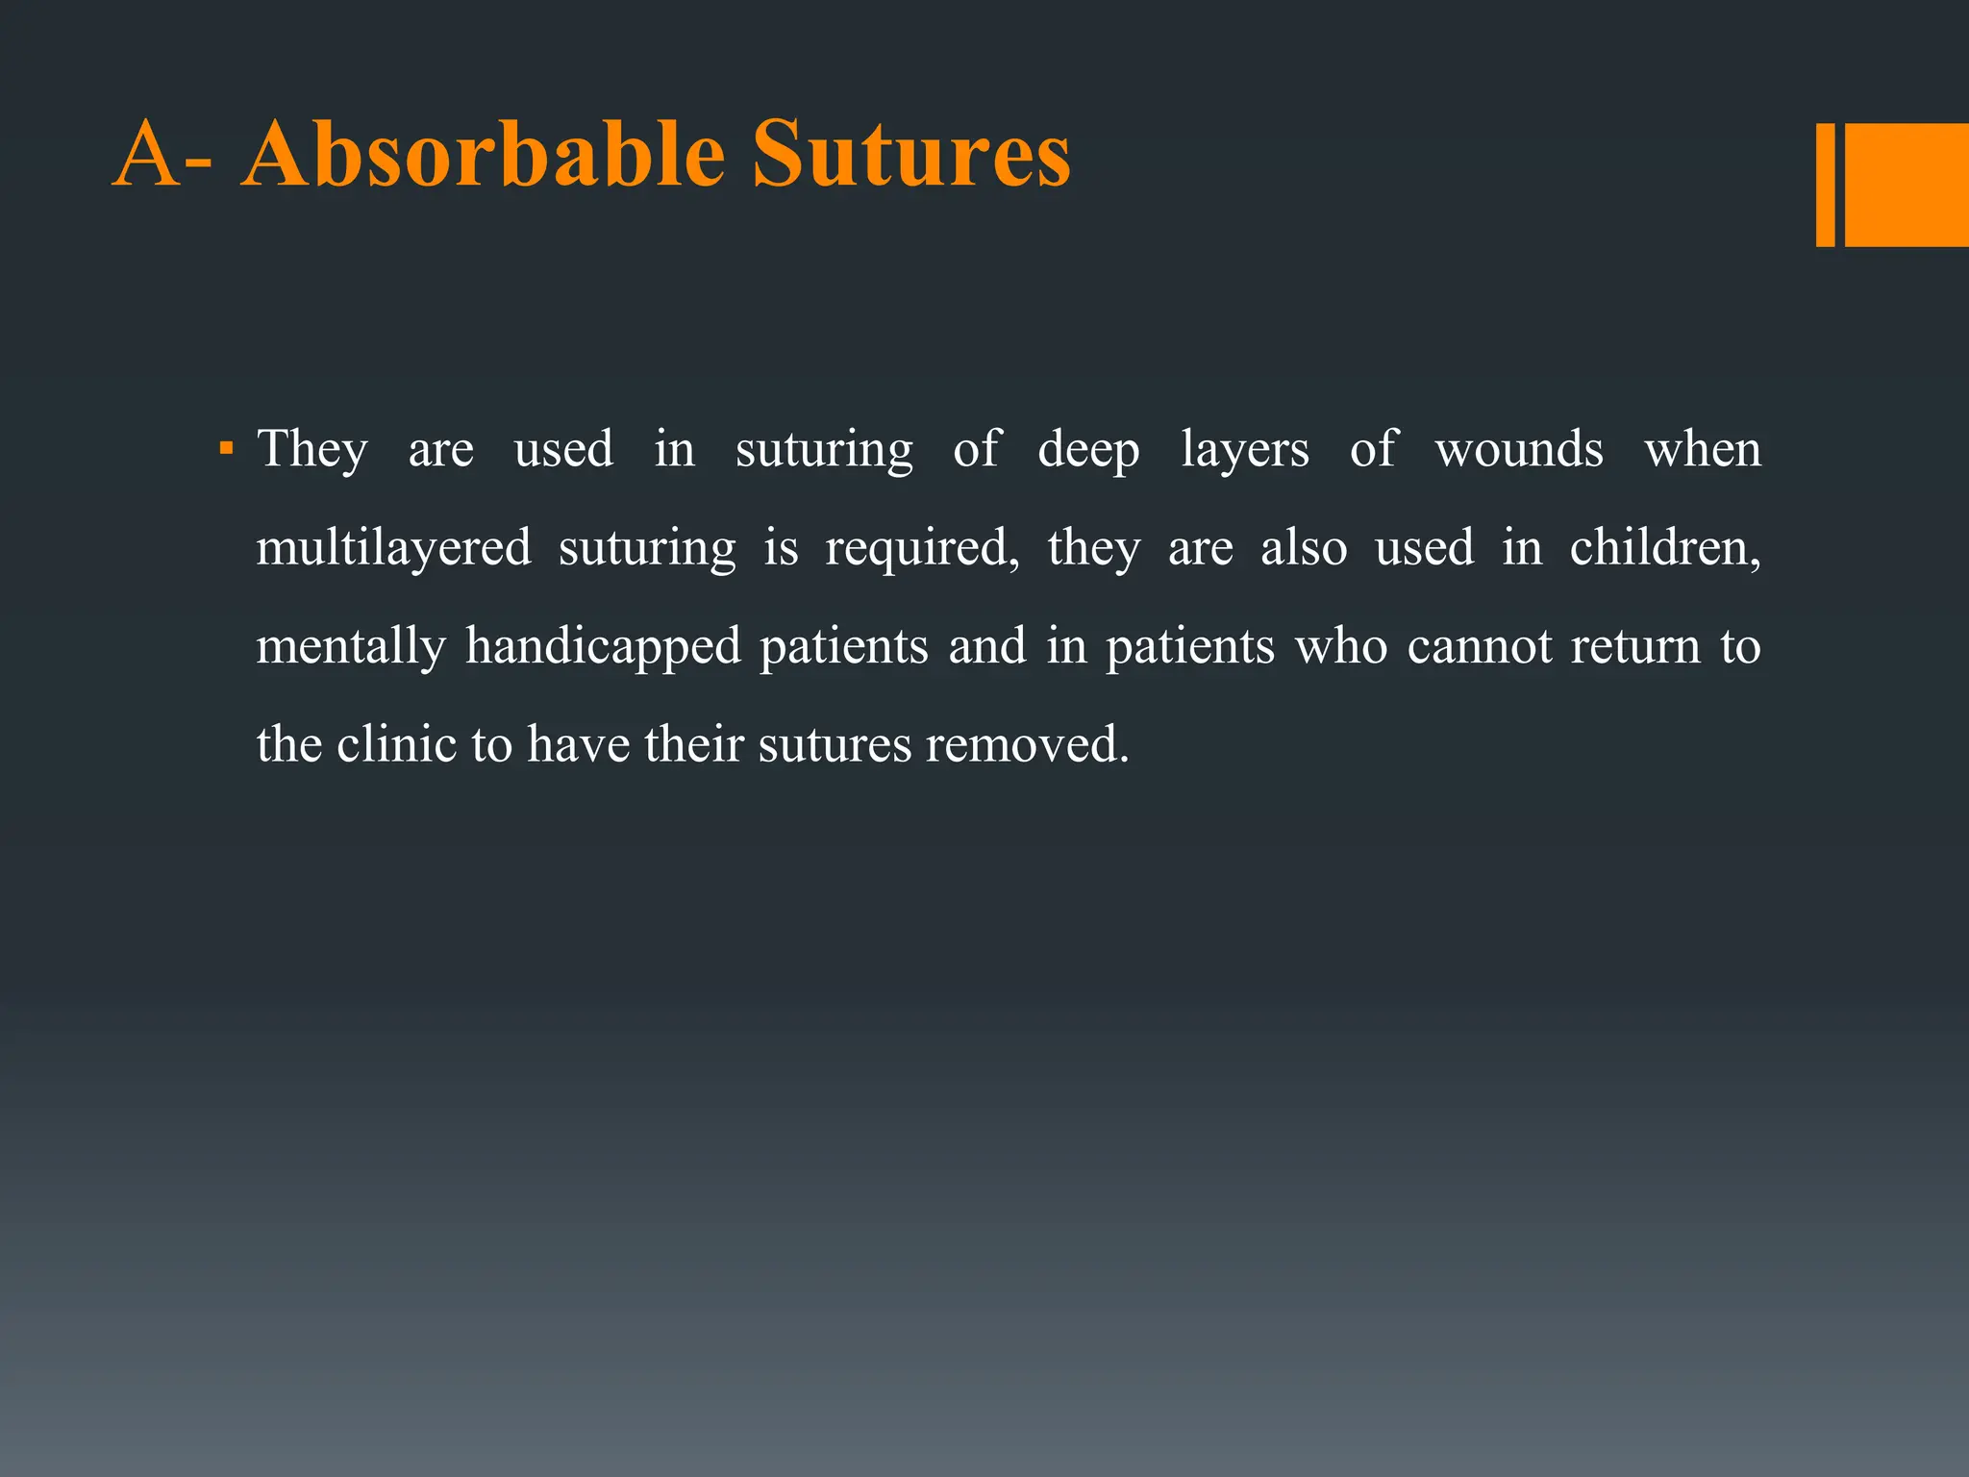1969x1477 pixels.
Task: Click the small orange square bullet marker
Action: pos(226,448)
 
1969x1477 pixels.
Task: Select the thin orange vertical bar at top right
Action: pos(1825,185)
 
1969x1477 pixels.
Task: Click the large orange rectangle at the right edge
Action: pos(1907,185)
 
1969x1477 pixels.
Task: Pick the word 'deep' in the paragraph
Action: pos(1088,450)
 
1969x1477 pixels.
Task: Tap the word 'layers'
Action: pos(1244,450)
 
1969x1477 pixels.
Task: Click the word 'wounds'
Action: pos(1519,450)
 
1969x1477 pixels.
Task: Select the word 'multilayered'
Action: pos(393,549)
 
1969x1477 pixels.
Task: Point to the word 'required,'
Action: pos(922,549)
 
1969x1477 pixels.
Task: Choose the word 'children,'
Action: pos(1665,549)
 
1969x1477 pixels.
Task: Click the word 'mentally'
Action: pos(351,647)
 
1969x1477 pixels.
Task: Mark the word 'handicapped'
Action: pos(603,647)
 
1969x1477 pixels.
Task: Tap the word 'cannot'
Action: pos(1479,647)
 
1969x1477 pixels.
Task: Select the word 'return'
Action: pos(1635,647)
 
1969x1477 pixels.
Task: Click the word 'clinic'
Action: pos(396,745)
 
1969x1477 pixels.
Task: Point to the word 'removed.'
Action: pos(1027,745)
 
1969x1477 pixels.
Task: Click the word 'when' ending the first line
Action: pos(1703,450)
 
